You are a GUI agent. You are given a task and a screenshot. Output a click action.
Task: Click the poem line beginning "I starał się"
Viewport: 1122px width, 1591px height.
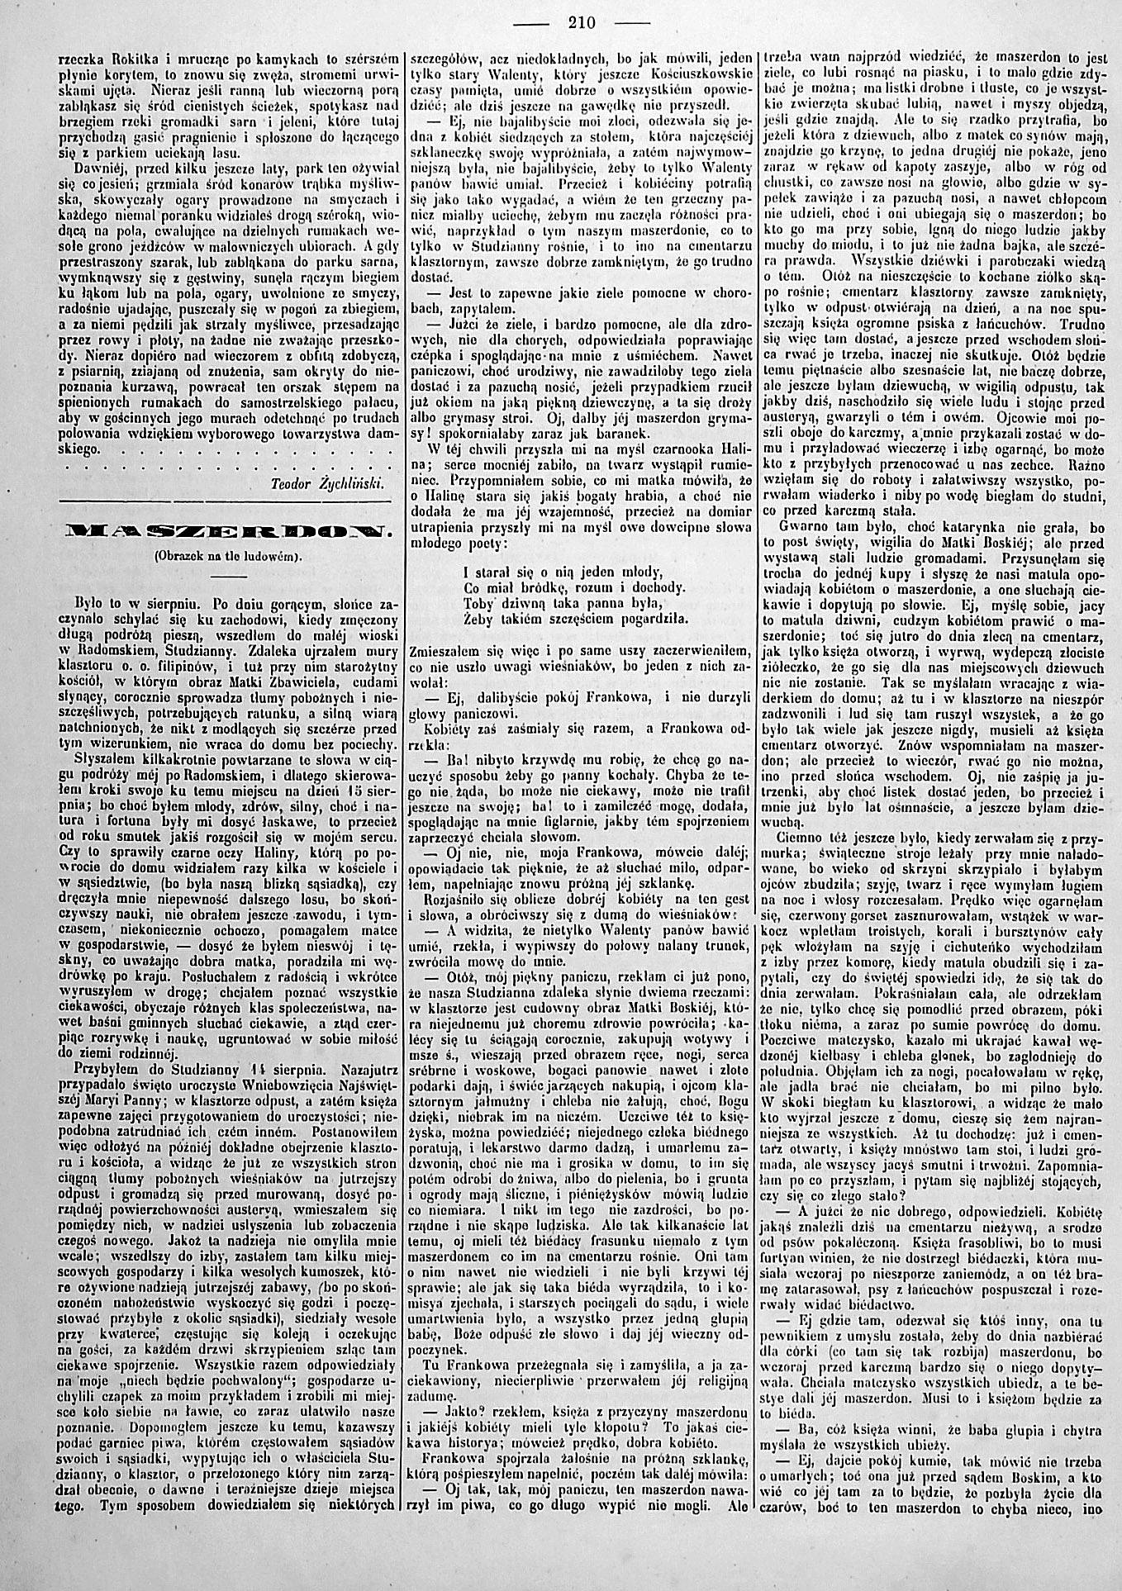tap(564, 571)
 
